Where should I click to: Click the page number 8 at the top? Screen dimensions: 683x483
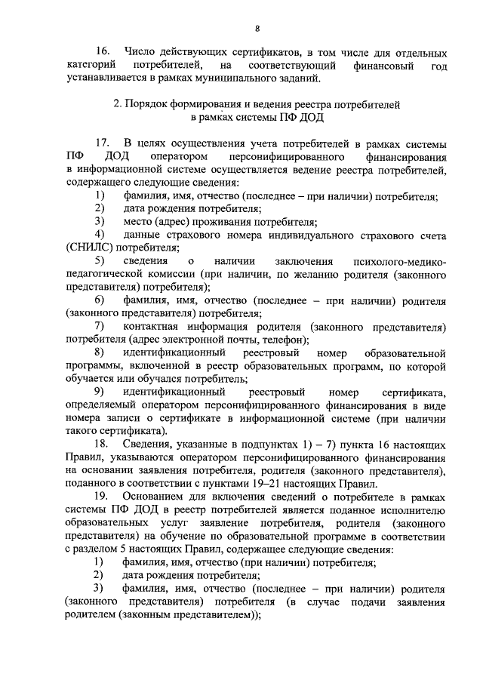[257, 29]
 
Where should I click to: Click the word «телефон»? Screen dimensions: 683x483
[277, 340]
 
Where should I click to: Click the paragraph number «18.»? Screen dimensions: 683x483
[103, 445]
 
